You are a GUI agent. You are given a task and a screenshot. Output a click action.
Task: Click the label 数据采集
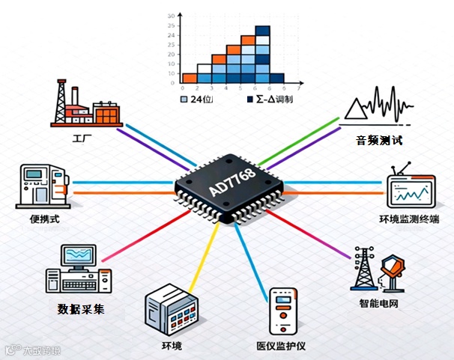coord(81,308)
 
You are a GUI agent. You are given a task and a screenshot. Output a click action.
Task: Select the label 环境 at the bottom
coord(172,347)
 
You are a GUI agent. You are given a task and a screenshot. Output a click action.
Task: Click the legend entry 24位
coord(197,98)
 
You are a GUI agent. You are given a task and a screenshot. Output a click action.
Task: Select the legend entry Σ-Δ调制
coord(267,98)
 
